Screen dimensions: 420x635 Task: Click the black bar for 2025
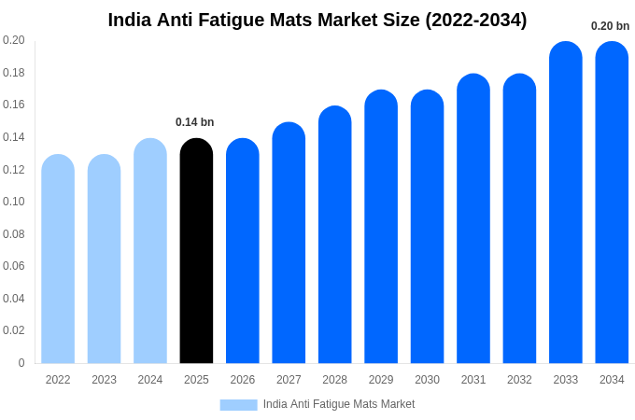pos(196,252)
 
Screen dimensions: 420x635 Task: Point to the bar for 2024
pos(150,252)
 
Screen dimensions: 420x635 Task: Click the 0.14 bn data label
pos(195,122)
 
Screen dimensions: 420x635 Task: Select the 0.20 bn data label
pos(610,26)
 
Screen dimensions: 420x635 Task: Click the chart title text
pos(317,20)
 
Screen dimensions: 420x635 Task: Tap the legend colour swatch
pos(238,404)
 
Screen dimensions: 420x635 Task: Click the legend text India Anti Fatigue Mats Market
pos(339,404)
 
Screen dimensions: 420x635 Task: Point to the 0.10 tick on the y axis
pos(14,202)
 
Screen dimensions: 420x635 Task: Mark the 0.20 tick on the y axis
pos(14,40)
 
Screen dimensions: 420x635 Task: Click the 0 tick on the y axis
pos(21,363)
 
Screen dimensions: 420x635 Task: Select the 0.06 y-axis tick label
pos(14,266)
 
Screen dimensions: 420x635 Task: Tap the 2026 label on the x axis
pos(243,380)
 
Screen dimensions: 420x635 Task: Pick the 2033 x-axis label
pos(566,380)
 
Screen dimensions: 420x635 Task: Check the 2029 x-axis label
pos(381,380)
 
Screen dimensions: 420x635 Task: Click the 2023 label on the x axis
pos(104,380)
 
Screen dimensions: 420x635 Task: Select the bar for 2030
pos(427,228)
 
